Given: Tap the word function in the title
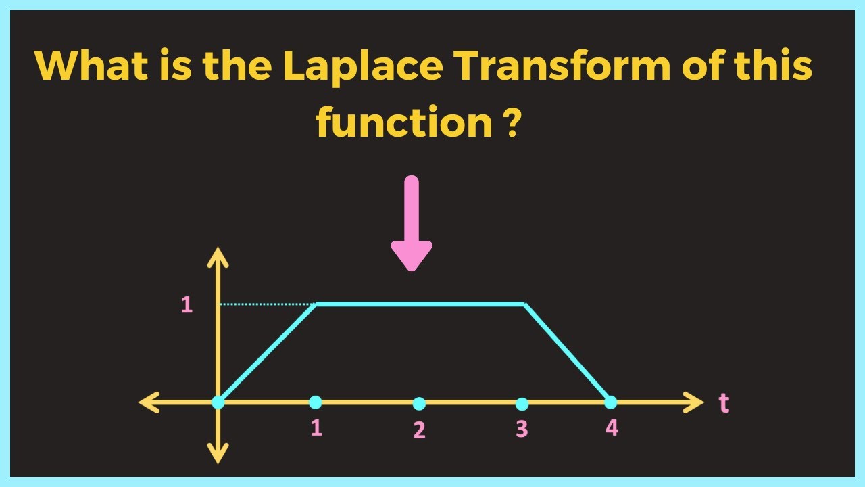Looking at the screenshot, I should (403, 124).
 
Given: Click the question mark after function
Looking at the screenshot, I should (512, 124).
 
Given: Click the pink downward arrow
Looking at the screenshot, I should (411, 223).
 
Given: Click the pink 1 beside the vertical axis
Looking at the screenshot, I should (187, 305).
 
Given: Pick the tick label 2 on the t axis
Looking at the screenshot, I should (419, 430).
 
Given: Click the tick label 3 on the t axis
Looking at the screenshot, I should (522, 429).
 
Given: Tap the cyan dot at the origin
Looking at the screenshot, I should (218, 402).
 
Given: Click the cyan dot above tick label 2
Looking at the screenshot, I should (419, 404).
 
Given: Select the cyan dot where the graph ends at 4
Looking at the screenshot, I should (611, 402).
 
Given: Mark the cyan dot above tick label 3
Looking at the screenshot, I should (522, 404).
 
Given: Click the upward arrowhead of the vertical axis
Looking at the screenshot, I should (218, 256).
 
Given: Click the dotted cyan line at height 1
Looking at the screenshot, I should (267, 304).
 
